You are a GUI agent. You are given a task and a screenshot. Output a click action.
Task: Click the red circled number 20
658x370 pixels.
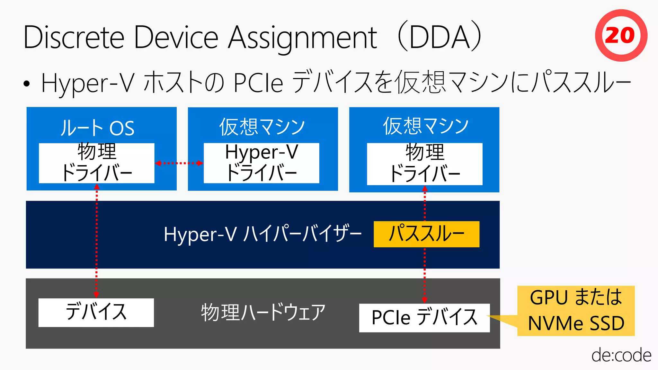coord(621,35)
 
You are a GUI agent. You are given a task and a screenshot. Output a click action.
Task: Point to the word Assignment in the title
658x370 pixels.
coord(302,38)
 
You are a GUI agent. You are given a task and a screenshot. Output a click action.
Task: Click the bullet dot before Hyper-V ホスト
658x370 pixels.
coord(27,84)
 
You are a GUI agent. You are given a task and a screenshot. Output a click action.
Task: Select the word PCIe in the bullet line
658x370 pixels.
coord(258,83)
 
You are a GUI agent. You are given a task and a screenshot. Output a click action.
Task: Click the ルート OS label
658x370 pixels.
coord(97,128)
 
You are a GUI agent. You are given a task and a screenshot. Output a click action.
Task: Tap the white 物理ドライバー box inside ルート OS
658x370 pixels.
coord(96,163)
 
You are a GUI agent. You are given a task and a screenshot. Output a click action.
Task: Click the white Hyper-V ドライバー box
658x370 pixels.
coord(261,163)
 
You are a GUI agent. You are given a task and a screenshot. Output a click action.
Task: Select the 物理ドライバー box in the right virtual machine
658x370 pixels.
coord(424,164)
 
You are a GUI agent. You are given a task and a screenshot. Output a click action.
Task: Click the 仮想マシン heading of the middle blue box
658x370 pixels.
coord(262,127)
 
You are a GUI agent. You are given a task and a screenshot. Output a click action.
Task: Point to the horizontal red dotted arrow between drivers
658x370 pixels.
coord(179,163)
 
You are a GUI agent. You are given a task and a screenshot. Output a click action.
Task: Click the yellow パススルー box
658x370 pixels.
coord(426,234)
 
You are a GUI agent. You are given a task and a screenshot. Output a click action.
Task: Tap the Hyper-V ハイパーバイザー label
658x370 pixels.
coord(262,234)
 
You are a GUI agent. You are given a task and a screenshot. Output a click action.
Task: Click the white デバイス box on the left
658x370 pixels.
coord(96,313)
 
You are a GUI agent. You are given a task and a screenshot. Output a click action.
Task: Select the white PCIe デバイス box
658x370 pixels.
coord(424,318)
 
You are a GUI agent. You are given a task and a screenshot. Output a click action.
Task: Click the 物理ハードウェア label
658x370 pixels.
coord(263,313)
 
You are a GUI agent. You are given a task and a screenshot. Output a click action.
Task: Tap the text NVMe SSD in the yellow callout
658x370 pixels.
coord(576,323)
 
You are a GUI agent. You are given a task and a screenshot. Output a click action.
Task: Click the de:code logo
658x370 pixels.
coord(621,355)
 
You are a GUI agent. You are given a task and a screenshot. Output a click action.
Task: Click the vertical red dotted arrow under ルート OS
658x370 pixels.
coord(96,241)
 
